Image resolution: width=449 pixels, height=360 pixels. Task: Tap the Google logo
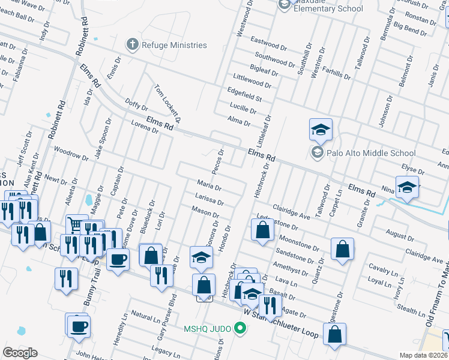(x=20, y=353)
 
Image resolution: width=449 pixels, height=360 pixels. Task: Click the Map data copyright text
(x=424, y=355)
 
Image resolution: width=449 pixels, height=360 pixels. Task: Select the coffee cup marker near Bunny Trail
(x=118, y=260)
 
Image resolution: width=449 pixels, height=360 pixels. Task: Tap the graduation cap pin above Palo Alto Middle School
(x=321, y=130)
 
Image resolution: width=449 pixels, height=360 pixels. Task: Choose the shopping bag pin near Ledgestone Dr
(x=262, y=230)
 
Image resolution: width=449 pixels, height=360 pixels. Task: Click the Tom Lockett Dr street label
(x=167, y=102)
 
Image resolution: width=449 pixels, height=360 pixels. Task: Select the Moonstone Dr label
(x=298, y=242)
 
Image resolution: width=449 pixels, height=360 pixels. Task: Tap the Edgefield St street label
(x=244, y=95)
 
